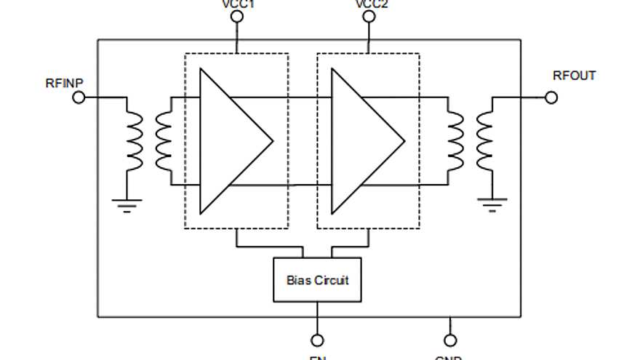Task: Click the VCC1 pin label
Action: tap(236, 4)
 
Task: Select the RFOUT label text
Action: tap(574, 76)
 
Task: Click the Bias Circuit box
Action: tap(317, 279)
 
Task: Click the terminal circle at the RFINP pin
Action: tap(79, 97)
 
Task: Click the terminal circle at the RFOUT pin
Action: tap(551, 97)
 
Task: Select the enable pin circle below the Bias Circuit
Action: tap(317, 340)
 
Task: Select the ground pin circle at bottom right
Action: tap(450, 340)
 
